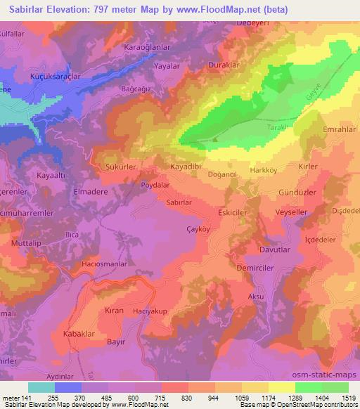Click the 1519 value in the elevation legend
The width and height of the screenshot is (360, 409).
(x=349, y=398)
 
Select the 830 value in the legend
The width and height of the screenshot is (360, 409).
(x=188, y=398)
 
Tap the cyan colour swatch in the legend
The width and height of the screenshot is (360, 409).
(x=41, y=387)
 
